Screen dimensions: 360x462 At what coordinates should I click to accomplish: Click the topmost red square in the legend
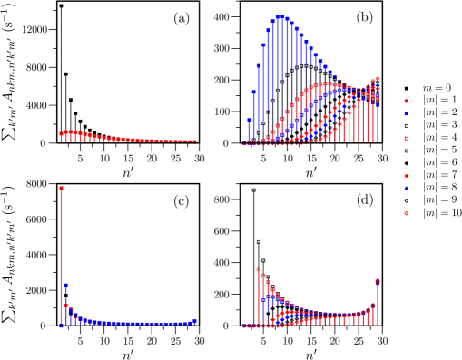point(406,102)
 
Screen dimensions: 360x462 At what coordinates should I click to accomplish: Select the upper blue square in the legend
point(406,114)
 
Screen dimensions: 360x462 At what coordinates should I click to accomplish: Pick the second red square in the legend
point(406,139)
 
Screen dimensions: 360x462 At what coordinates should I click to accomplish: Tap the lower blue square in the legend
point(406,151)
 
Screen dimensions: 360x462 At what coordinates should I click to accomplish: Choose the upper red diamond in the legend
point(406,176)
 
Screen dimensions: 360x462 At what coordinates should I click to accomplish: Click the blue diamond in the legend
point(406,189)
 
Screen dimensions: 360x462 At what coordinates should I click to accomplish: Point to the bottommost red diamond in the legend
point(406,213)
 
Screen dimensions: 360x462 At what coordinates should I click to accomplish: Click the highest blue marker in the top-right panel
point(281,15)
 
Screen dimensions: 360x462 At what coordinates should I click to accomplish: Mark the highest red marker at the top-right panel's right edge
point(377,79)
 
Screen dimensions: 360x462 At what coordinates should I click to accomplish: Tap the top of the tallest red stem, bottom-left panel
point(61,188)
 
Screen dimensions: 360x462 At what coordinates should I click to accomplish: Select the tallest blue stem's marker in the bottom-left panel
point(65,286)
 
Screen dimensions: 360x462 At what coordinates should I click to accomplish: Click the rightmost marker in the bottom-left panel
point(194,321)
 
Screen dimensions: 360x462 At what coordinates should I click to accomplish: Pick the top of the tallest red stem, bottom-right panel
point(259,269)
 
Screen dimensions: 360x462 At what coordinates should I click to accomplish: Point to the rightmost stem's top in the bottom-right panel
point(377,281)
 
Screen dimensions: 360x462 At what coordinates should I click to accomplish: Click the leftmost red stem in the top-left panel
point(61,134)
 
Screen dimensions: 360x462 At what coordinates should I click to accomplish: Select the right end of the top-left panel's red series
point(194,141)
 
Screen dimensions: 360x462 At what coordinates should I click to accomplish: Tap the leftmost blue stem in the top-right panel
point(249,121)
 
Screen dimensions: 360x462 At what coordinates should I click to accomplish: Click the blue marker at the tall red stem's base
point(61,325)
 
